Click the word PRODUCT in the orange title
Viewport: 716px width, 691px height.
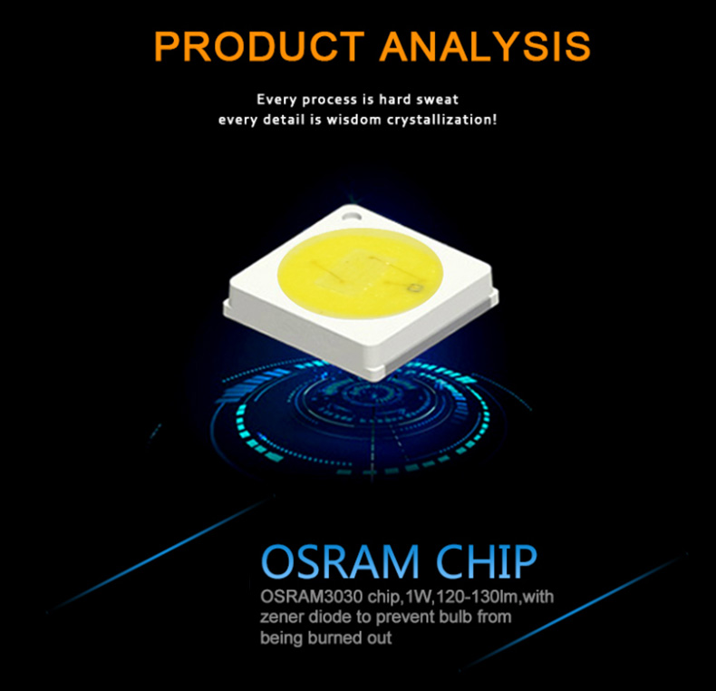pos(259,46)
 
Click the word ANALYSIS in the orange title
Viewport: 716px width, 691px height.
pos(485,46)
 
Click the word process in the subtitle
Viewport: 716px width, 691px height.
pos(330,100)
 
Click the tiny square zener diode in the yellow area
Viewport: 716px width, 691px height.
pos(416,287)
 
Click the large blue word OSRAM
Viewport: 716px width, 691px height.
pos(340,561)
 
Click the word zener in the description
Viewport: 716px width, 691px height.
pos(282,618)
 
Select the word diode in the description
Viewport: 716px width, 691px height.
pos(331,617)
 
